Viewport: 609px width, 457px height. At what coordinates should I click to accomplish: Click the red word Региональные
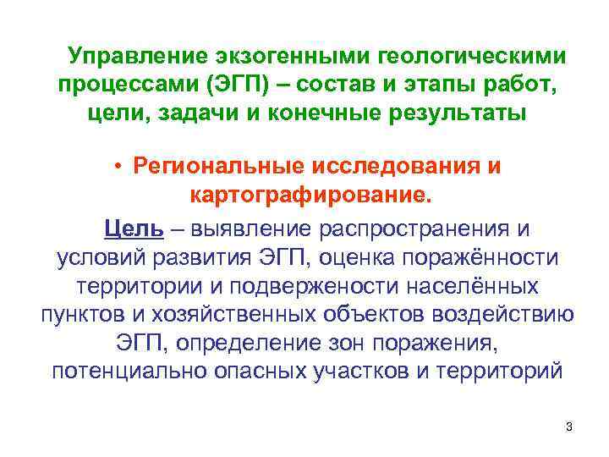tap(223, 166)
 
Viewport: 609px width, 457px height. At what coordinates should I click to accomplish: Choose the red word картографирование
tap(311, 196)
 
